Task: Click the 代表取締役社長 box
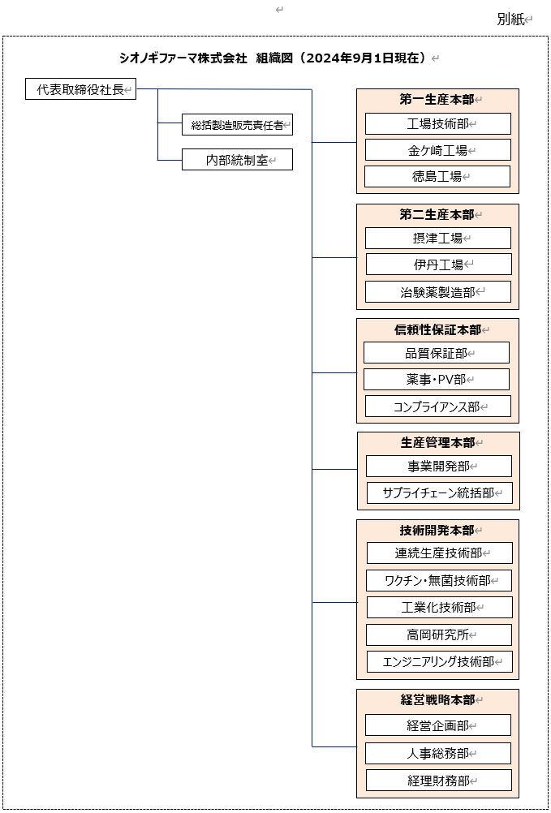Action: pos(81,89)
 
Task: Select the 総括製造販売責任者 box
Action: pos(238,124)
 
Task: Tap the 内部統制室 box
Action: pos(238,160)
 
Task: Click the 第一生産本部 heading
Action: pos(437,100)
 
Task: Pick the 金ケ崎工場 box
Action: pos(438,150)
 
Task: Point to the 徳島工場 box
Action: pos(437,176)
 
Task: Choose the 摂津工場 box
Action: pos(438,238)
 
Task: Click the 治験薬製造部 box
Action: pos(438,291)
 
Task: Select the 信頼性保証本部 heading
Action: pos(438,329)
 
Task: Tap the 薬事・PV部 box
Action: pos(437,379)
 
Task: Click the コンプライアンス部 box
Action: pos(438,406)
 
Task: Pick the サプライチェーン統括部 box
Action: pos(440,493)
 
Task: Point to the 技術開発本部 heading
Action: pos(437,530)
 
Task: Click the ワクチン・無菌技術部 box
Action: pos(439,580)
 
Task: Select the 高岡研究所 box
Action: pos(439,634)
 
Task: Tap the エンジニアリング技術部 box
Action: pos(440,661)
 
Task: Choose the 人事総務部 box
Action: pos(438,753)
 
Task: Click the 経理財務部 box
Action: pos(439,781)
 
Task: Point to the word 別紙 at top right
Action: pos(510,19)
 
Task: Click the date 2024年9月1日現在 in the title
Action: pos(362,58)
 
